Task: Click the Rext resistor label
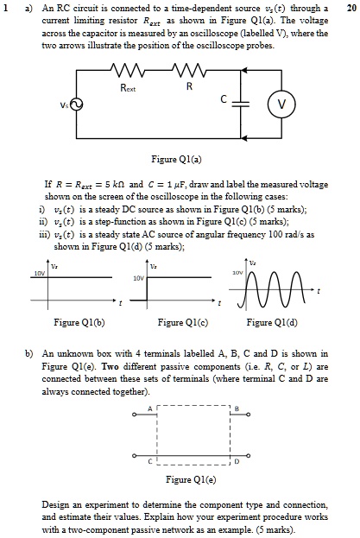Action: pyautogui.click(x=128, y=88)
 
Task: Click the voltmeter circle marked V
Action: pyautogui.click(x=281, y=104)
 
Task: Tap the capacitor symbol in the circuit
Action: pyautogui.click(x=241, y=104)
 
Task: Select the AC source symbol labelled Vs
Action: pyautogui.click(x=77, y=104)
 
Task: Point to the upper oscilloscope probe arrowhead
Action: pyautogui.click(x=243, y=70)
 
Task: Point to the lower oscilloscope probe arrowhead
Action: pyautogui.click(x=243, y=138)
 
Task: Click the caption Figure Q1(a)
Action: pyautogui.click(x=177, y=159)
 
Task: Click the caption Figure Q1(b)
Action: pyautogui.click(x=79, y=322)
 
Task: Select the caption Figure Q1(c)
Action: pyautogui.click(x=183, y=322)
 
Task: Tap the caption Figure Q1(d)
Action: pyautogui.click(x=272, y=322)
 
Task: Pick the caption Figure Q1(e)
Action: pyautogui.click(x=191, y=479)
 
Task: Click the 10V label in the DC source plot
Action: pyautogui.click(x=40, y=273)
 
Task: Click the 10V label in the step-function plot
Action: pyautogui.click(x=138, y=278)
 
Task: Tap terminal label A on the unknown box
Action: pyautogui.click(x=150, y=408)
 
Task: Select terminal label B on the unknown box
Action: pyautogui.click(x=237, y=408)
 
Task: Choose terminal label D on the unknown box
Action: pyautogui.click(x=237, y=462)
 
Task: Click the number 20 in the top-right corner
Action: pyautogui.click(x=351, y=8)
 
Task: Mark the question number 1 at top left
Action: pyautogui.click(x=5, y=8)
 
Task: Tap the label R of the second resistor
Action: pyautogui.click(x=189, y=86)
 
